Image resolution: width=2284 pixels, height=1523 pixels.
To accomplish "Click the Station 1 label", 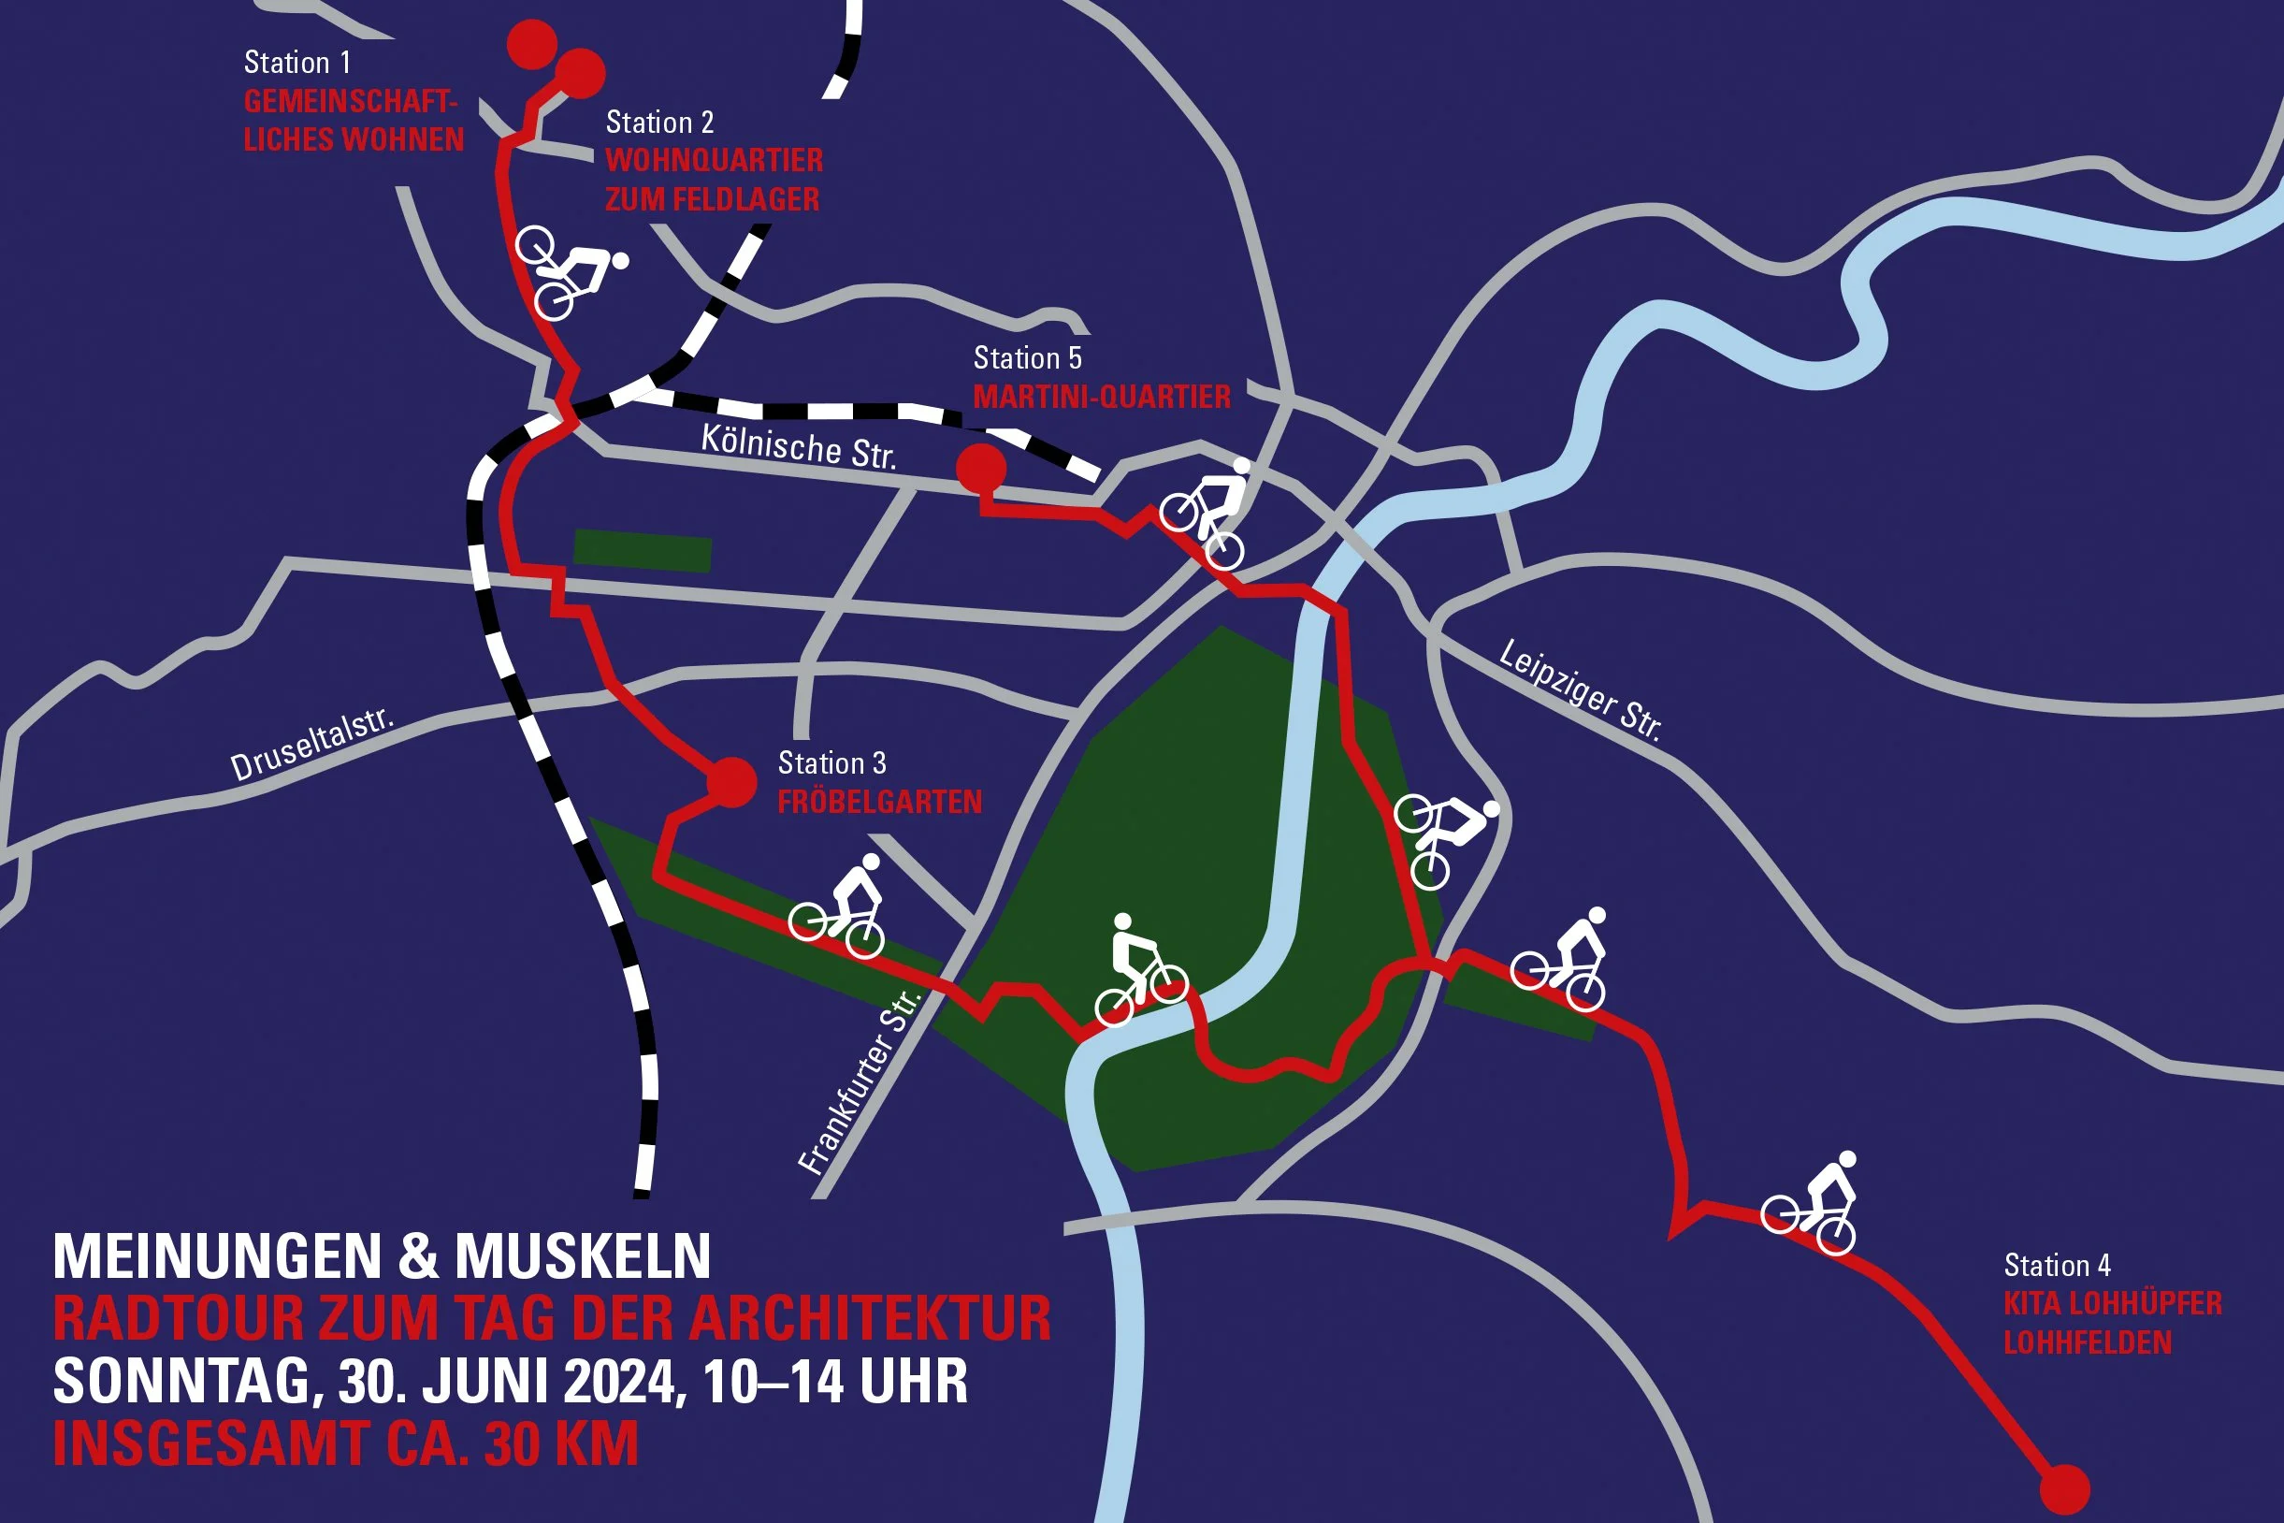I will click(297, 63).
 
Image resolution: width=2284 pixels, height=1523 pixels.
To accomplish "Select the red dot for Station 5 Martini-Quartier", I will click(981, 468).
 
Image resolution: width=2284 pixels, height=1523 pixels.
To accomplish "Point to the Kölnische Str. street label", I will click(798, 447).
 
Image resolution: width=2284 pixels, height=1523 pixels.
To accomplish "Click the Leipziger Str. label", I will click(1580, 690).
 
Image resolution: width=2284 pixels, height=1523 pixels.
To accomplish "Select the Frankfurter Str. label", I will click(859, 1082).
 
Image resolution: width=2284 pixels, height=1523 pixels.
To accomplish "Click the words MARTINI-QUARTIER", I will click(1102, 397).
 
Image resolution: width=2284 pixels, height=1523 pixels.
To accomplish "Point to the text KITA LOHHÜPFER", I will click(2113, 1303).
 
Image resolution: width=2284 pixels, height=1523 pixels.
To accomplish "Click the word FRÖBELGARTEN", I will click(880, 803).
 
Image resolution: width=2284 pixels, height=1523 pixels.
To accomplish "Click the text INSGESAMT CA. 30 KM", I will click(346, 1444).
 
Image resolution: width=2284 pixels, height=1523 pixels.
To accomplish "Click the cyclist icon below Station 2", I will click(569, 271).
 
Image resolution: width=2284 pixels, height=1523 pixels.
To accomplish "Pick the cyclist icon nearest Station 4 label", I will click(1810, 1203).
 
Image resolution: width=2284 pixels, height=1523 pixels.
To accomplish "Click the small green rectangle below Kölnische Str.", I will click(643, 551).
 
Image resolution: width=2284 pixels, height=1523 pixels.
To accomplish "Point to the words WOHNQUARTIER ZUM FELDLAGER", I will click(714, 180).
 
